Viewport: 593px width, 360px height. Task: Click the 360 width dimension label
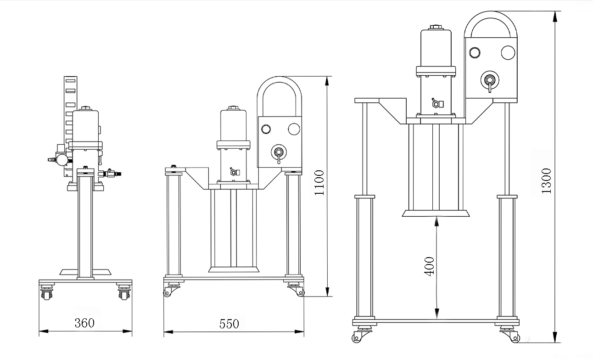tap(84, 323)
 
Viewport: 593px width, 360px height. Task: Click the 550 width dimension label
tap(229, 324)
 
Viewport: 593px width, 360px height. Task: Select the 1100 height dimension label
tap(319, 182)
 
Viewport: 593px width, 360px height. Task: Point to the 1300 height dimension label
tap(546, 181)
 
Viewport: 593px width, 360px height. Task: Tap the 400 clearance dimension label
tap(429, 266)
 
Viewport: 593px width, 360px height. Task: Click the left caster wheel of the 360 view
tap(46, 294)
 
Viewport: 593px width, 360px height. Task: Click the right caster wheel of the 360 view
tap(124, 294)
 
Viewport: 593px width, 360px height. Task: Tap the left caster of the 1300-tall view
tap(361, 335)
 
